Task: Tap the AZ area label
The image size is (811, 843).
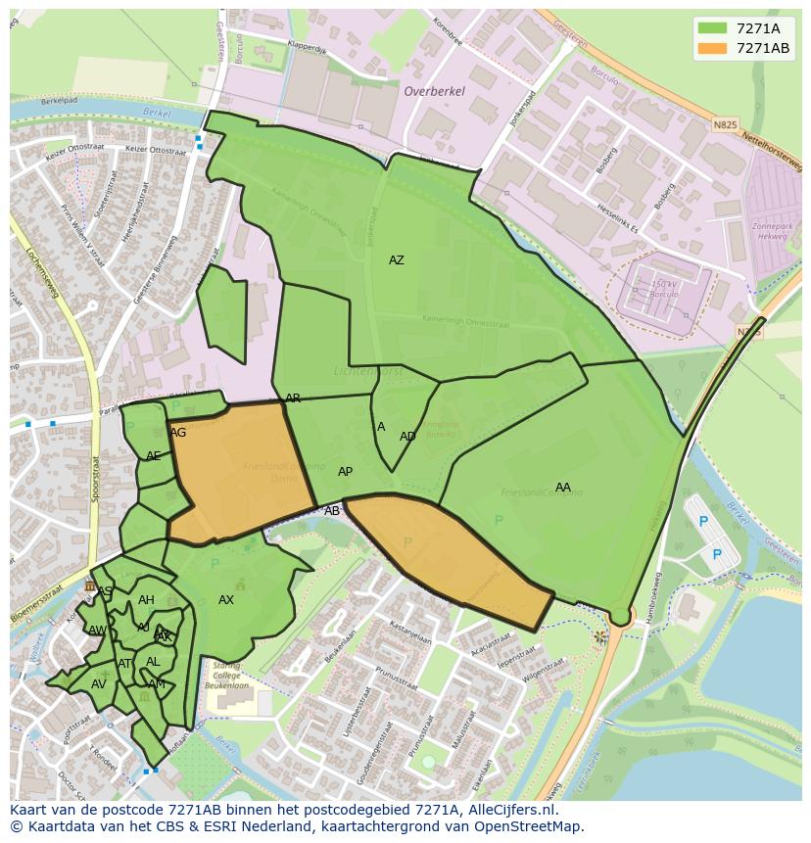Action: pos(396,260)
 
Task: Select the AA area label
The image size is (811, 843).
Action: pos(562,488)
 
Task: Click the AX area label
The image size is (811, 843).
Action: pos(226,600)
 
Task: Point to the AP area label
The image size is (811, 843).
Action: pos(345,472)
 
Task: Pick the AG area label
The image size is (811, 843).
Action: pos(178,433)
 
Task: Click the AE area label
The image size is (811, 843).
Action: pos(153,456)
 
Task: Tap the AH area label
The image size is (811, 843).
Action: pos(146,600)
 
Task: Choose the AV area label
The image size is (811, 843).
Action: pos(98,684)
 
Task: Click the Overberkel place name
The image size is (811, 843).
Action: pos(434,91)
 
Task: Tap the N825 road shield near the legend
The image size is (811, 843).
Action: pos(725,125)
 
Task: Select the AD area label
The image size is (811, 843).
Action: pos(407,437)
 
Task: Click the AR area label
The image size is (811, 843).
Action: pos(293,398)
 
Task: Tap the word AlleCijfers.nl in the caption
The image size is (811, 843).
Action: pos(508,811)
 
